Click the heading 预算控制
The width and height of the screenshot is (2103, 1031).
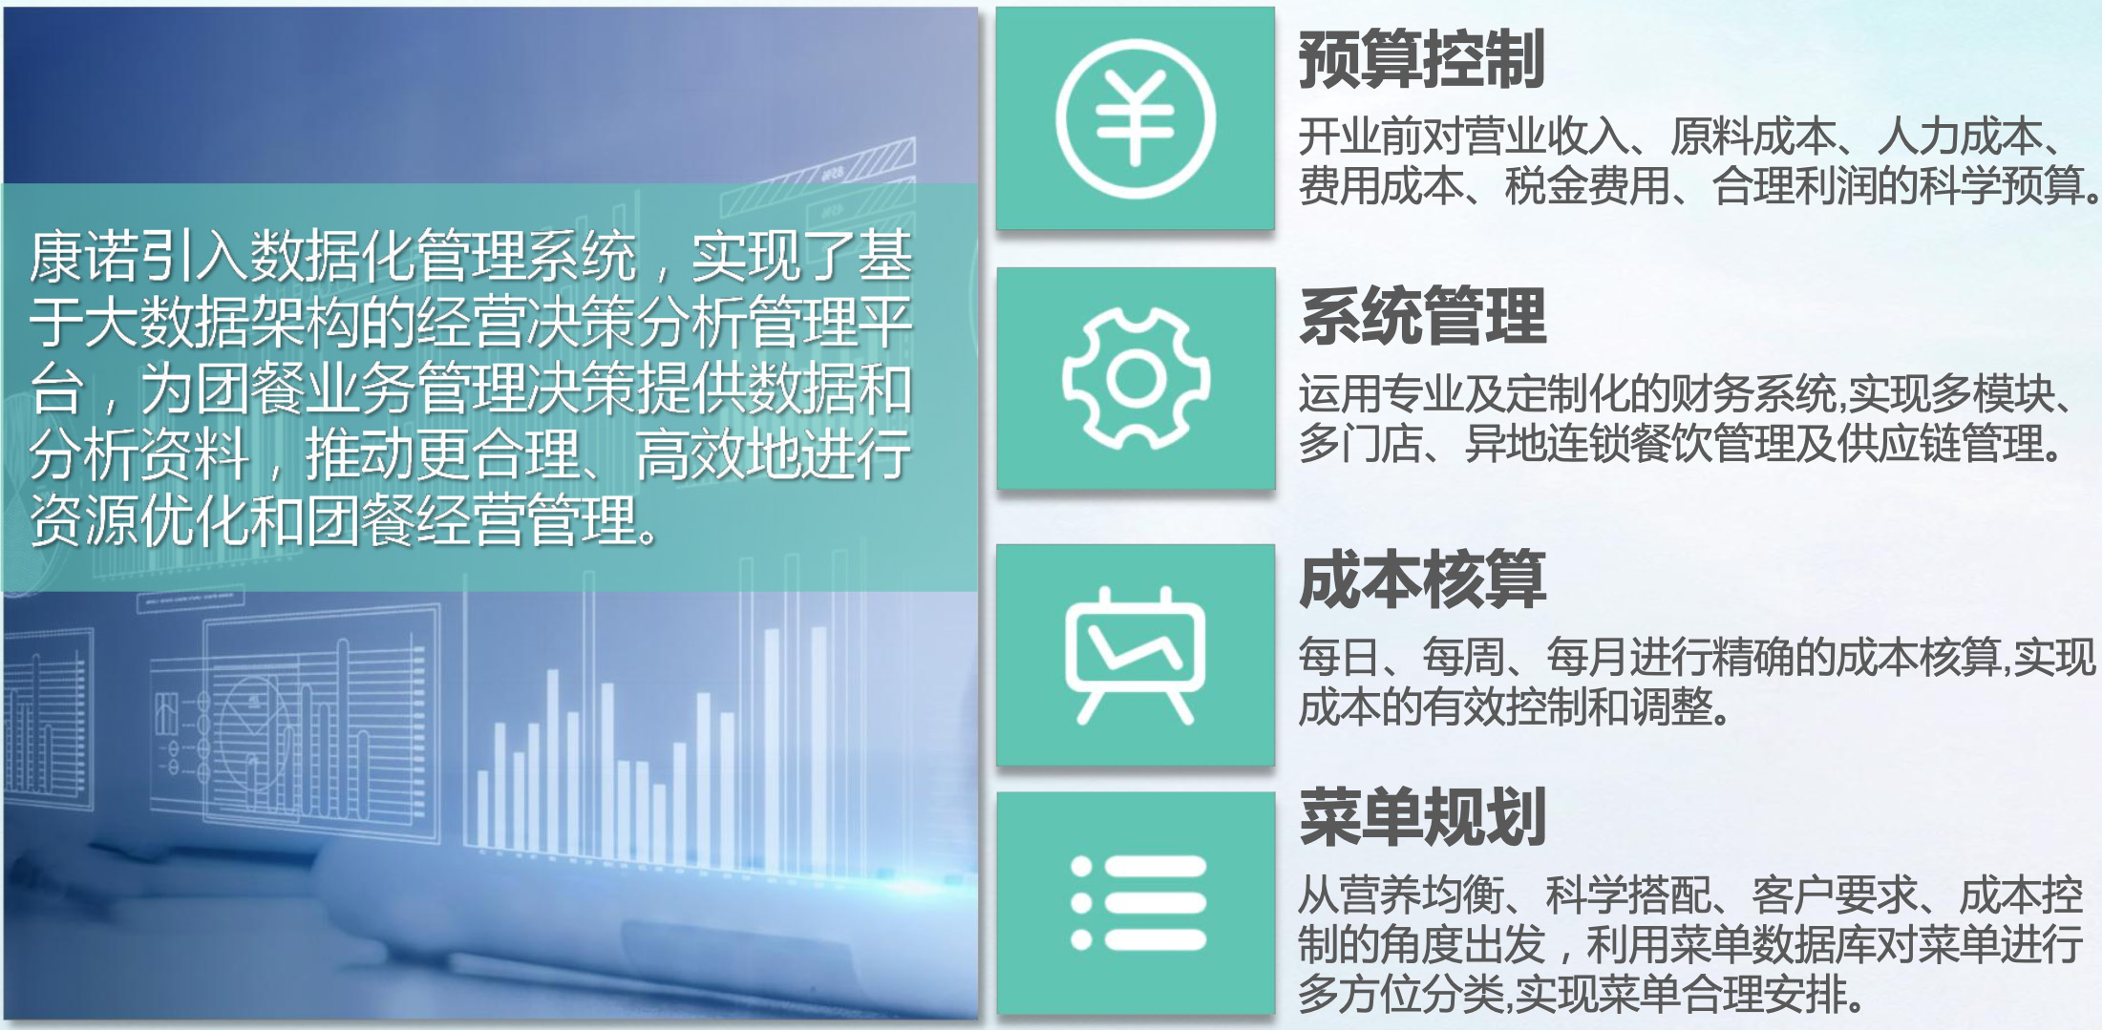pyautogui.click(x=1422, y=59)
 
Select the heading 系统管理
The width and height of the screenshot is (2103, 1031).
pyautogui.click(x=1422, y=316)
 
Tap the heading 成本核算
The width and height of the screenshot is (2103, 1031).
pyautogui.click(x=1422, y=579)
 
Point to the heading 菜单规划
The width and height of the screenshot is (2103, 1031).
pyautogui.click(x=1422, y=816)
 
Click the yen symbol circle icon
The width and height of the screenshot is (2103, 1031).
pyautogui.click(x=1136, y=118)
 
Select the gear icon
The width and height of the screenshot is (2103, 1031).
pyautogui.click(x=1136, y=378)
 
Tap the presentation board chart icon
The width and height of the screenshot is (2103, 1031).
pyautogui.click(x=1136, y=655)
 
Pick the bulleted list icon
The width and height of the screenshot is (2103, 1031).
pyautogui.click(x=1138, y=903)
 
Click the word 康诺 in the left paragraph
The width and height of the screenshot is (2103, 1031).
pyautogui.click(x=84, y=257)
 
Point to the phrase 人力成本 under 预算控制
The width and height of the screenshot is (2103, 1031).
pyautogui.click(x=1959, y=137)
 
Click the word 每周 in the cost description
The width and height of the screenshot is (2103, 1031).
pyautogui.click(x=1464, y=657)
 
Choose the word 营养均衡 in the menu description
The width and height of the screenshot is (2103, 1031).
pyautogui.click(x=1422, y=895)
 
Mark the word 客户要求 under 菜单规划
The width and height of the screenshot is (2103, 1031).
pyautogui.click(x=1835, y=895)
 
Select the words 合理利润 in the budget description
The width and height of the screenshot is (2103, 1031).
pyautogui.click(x=1795, y=185)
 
